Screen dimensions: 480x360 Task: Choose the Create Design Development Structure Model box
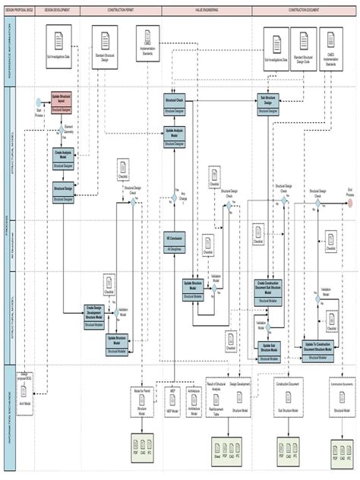pyautogui.click(x=95, y=315)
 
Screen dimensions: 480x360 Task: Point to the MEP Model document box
pyautogui.click(x=174, y=411)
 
